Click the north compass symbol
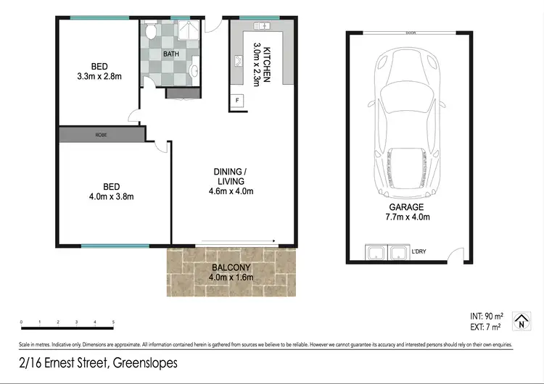point(521,321)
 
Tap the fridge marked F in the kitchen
point(236,101)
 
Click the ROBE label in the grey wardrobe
point(99,135)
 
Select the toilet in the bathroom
point(150,33)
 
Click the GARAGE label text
point(406,206)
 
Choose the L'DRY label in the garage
point(419,251)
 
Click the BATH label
point(171,54)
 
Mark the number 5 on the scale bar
point(113,321)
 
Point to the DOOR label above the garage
point(411,33)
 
